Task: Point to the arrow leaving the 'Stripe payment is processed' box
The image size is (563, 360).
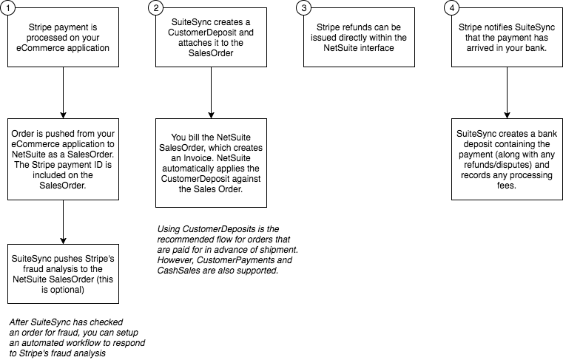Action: (x=63, y=92)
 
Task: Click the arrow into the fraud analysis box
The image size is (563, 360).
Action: (x=63, y=223)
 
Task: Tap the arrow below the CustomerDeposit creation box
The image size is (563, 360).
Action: (x=211, y=92)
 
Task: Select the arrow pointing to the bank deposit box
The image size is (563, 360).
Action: (x=507, y=92)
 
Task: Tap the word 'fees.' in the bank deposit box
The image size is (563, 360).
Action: (x=507, y=186)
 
